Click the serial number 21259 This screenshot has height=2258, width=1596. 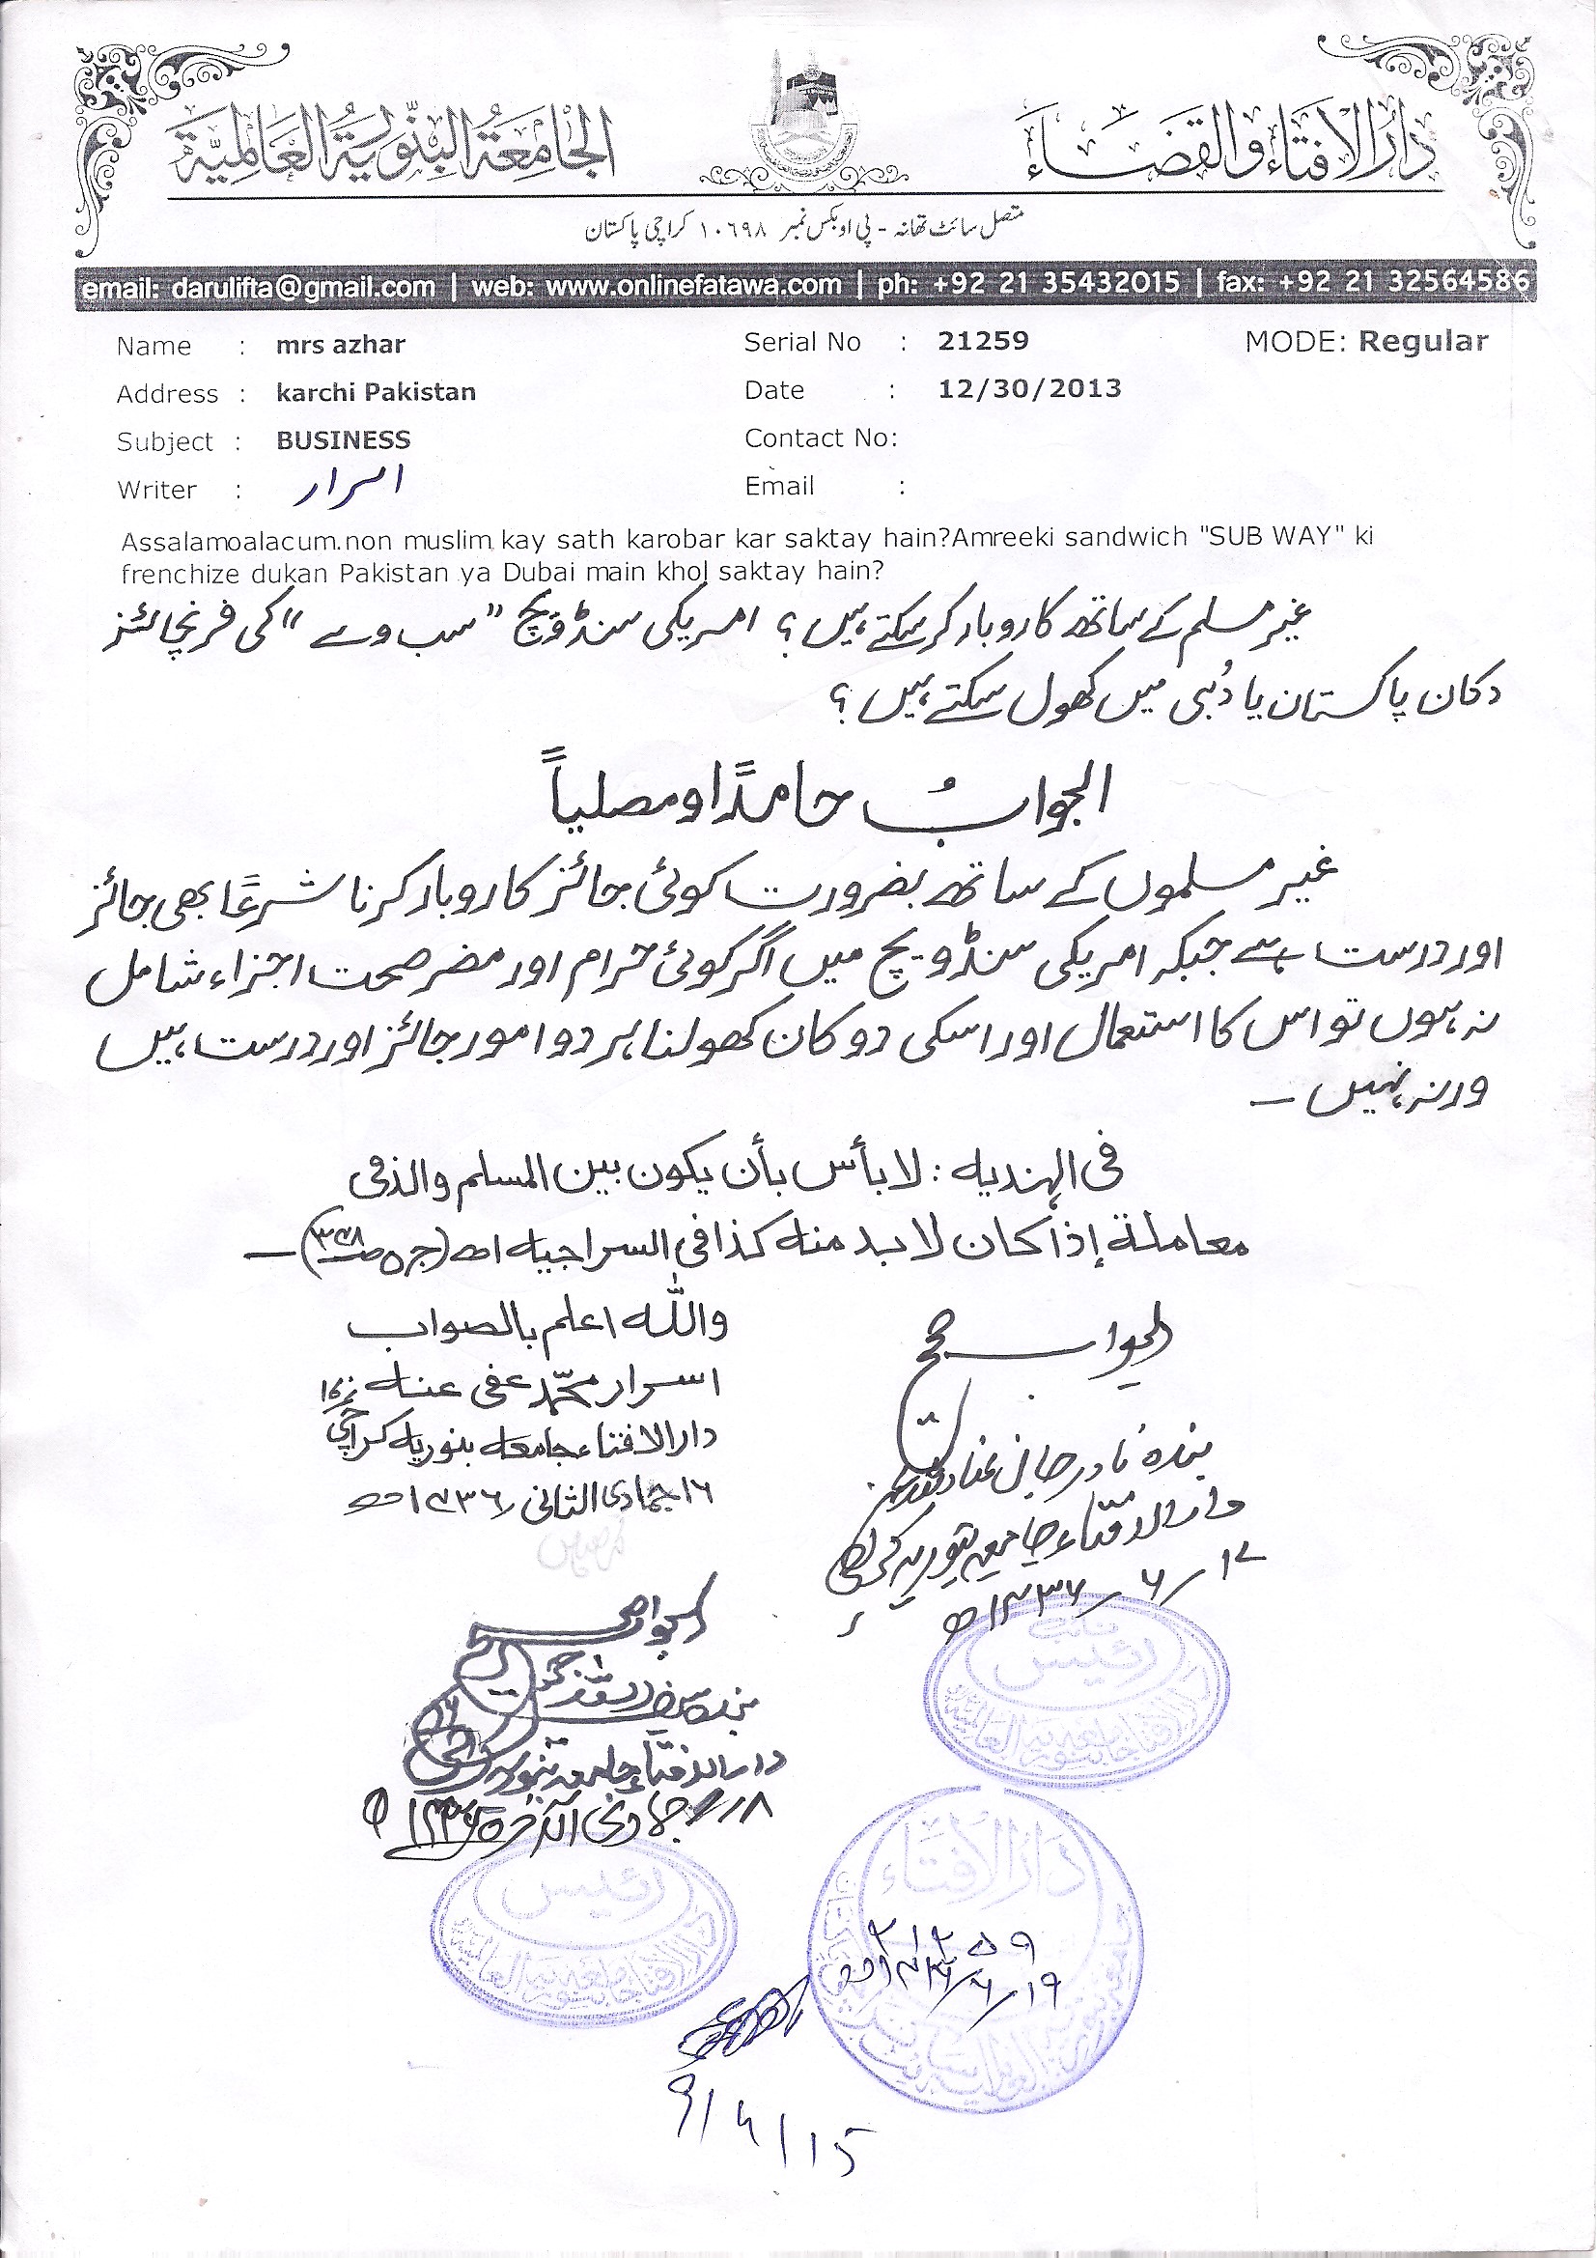click(x=982, y=341)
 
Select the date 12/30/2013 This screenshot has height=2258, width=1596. click(x=1029, y=388)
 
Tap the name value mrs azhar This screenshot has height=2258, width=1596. click(x=340, y=345)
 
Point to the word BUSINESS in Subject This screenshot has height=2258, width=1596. click(x=343, y=439)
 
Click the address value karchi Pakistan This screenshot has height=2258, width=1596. click(x=376, y=392)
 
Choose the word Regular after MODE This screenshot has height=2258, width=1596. click(x=1423, y=341)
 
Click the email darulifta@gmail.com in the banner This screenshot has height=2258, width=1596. click(x=259, y=288)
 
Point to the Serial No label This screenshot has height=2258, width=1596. click(x=802, y=342)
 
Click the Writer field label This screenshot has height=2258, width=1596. click(x=156, y=490)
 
